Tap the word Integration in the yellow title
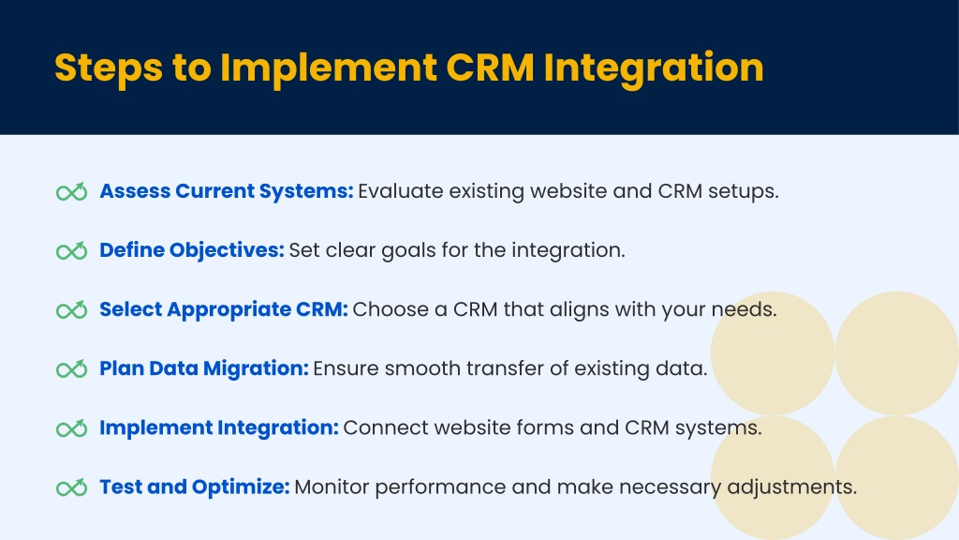pos(653,67)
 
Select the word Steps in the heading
pos(109,67)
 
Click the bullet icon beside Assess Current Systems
pos(71,192)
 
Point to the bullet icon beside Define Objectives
pos(71,251)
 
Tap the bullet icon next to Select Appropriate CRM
pos(71,310)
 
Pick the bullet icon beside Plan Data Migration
pos(71,369)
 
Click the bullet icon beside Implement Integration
pos(71,428)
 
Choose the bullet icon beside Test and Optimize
pos(71,487)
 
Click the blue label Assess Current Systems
pos(227,191)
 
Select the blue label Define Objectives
pos(192,250)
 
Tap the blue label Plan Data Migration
pos(204,368)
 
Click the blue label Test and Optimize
pos(195,487)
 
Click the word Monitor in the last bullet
pos(332,487)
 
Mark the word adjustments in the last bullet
pos(791,487)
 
